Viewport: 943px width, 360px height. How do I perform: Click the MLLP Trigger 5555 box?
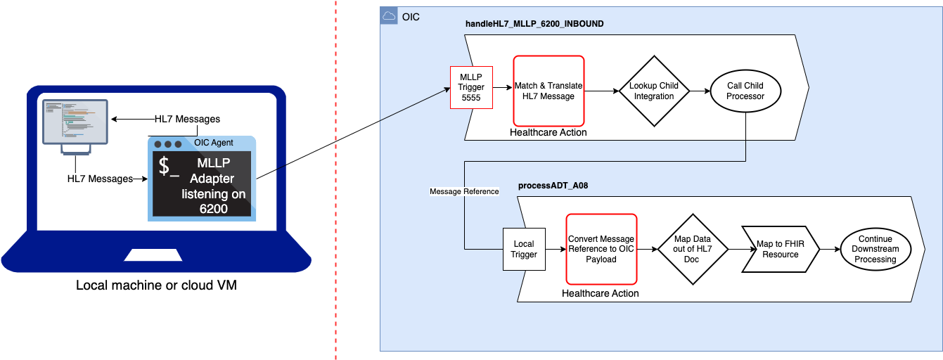coord(471,87)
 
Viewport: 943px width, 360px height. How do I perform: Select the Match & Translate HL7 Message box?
coord(549,91)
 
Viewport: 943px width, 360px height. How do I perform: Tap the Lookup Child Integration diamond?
coord(654,91)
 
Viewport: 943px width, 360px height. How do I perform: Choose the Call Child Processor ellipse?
coord(745,91)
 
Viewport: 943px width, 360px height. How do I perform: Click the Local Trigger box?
coord(523,250)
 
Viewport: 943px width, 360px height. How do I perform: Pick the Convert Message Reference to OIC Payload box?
coord(601,249)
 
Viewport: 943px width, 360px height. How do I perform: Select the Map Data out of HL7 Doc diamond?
coord(692,249)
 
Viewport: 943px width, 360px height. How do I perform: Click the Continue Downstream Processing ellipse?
coord(875,250)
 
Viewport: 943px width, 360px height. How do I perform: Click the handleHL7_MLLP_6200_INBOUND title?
coord(534,24)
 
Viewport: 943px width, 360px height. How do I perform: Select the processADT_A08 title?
coord(553,186)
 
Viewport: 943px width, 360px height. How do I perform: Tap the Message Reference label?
coord(464,191)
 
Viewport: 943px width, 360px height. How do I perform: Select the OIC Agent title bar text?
coord(214,143)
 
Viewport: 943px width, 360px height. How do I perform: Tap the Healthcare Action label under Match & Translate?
coord(549,132)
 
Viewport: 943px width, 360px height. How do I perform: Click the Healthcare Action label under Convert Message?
coord(601,292)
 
